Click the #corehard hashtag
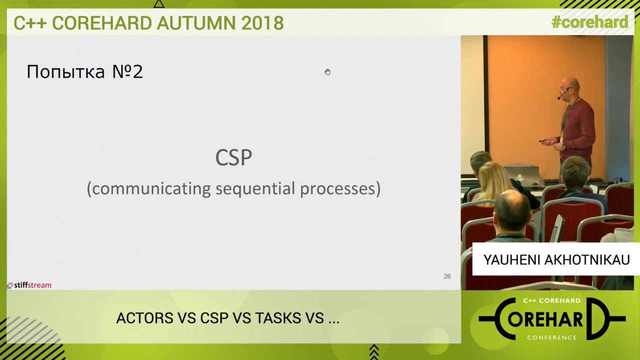pyautogui.click(x=589, y=22)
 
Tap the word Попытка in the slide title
pyautogui.click(x=65, y=71)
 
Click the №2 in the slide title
pyautogui.click(x=127, y=71)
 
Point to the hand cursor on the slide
pyautogui.click(x=327, y=71)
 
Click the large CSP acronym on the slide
pyautogui.click(x=233, y=157)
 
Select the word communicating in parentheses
pyautogui.click(x=151, y=188)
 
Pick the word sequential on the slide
pyautogui.click(x=255, y=189)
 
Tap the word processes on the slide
pyautogui.click(x=337, y=189)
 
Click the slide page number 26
pyautogui.click(x=447, y=276)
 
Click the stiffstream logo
pyautogui.click(x=29, y=285)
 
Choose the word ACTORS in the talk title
pyautogui.click(x=145, y=318)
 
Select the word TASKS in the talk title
pyautogui.click(x=278, y=318)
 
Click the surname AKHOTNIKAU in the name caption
pyautogui.click(x=587, y=260)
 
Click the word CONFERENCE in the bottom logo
pyautogui.click(x=551, y=337)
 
